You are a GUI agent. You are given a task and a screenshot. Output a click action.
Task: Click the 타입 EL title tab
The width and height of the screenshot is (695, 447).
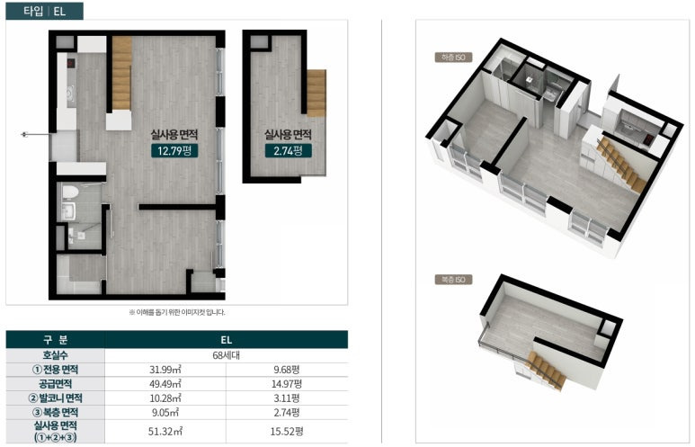tap(44, 11)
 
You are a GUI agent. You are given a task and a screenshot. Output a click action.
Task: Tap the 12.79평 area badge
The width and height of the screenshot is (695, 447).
tap(174, 151)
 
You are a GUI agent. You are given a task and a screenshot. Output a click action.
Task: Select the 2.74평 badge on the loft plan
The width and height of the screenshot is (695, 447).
tap(288, 151)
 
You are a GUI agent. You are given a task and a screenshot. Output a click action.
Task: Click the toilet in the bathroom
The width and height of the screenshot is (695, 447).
tap(69, 192)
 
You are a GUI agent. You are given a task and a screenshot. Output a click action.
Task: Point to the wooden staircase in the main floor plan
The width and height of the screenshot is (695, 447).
tap(122, 74)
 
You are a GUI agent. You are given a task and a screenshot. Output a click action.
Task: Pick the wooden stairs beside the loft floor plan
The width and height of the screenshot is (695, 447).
tap(316, 94)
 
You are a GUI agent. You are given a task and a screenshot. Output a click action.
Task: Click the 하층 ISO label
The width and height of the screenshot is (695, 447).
tap(453, 58)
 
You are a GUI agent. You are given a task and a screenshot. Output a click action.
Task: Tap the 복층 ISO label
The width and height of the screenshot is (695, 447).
tap(453, 280)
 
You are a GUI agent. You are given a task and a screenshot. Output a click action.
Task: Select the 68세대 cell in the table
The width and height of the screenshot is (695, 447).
tap(226, 355)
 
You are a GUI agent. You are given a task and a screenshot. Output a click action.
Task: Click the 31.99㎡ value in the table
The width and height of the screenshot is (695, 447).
tap(165, 370)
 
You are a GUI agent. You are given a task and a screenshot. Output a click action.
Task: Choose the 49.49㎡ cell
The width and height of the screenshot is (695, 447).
tap(165, 384)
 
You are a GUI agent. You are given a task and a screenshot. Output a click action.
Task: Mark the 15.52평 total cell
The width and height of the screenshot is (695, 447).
tap(287, 431)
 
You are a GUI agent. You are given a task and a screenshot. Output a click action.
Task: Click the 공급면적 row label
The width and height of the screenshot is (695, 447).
tap(56, 384)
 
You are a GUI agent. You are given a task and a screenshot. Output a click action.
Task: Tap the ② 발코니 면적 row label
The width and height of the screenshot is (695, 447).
tap(56, 398)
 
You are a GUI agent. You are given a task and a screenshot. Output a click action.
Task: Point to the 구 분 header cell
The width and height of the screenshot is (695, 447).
tap(56, 340)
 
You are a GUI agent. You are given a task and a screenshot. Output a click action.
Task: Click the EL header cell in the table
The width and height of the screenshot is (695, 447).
tap(226, 340)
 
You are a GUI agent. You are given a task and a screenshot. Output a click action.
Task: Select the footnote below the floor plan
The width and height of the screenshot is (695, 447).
tap(177, 312)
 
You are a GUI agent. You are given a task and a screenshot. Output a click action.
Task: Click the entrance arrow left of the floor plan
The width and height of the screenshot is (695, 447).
tap(36, 134)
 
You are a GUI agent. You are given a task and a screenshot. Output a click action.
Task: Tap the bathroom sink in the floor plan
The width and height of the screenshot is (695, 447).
tap(69, 211)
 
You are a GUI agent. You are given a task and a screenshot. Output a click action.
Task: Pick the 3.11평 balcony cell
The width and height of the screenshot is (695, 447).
tap(287, 398)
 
